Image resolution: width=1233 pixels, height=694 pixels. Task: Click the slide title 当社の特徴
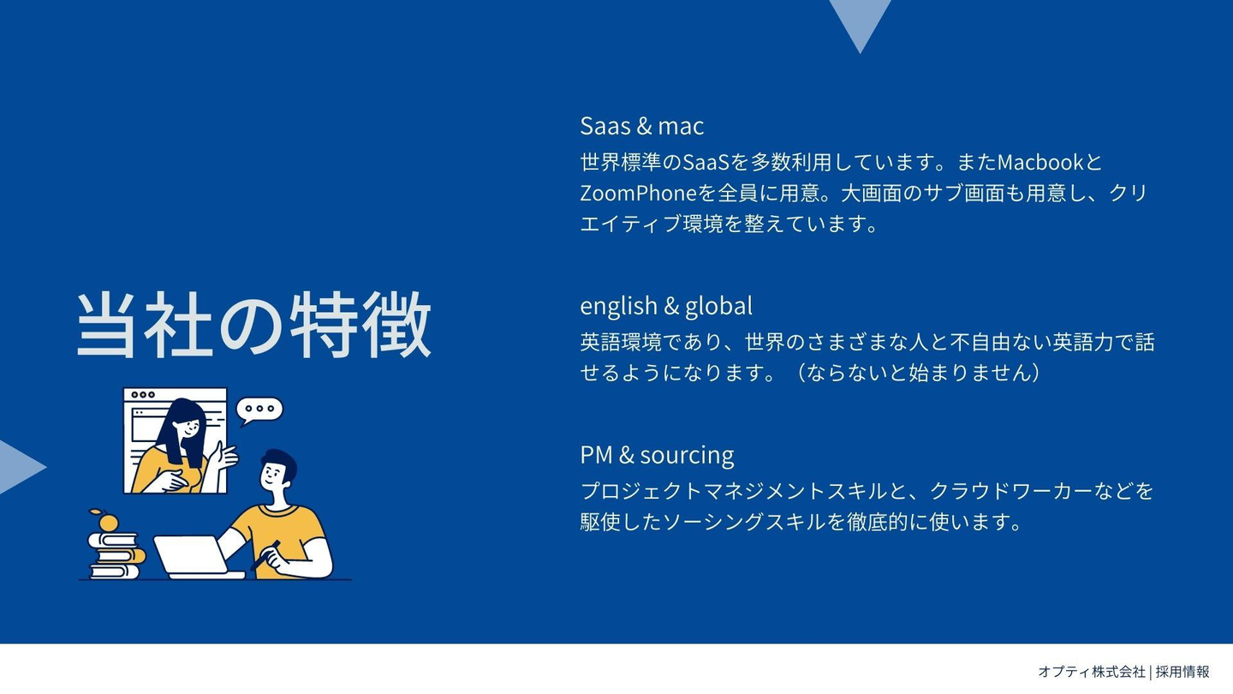(x=253, y=325)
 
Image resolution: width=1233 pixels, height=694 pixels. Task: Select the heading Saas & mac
(x=642, y=126)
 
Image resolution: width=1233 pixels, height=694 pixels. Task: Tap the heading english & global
(x=666, y=306)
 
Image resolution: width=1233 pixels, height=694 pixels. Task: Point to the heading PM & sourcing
(x=657, y=456)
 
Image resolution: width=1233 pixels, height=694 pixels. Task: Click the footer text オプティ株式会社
(x=1092, y=672)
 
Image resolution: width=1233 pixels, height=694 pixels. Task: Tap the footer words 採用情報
(x=1182, y=672)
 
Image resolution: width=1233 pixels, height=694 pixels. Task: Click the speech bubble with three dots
(x=259, y=410)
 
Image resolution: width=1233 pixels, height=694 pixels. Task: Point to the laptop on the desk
(x=198, y=558)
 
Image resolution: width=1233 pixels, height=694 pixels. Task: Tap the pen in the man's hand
(x=265, y=555)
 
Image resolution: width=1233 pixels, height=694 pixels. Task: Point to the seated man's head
(x=278, y=470)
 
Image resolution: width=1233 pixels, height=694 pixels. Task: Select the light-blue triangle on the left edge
(x=19, y=467)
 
